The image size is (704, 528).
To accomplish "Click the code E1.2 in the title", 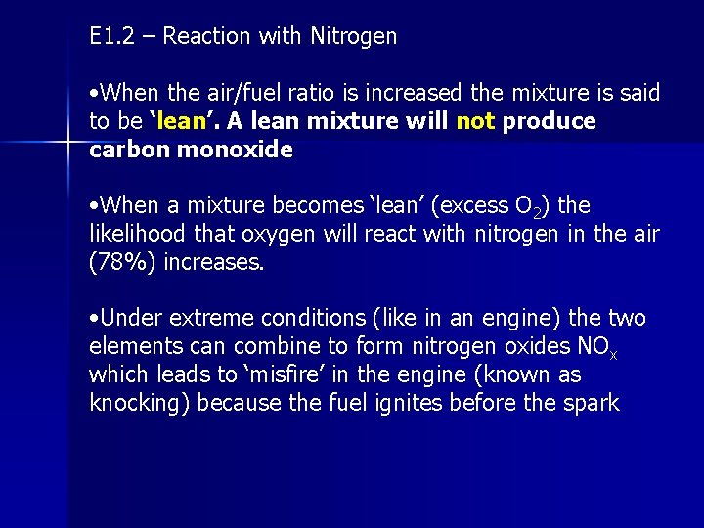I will click(110, 37).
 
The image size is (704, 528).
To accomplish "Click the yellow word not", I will click(476, 121).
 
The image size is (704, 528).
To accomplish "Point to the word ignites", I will click(414, 404).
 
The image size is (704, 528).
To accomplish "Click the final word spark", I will click(590, 404).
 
